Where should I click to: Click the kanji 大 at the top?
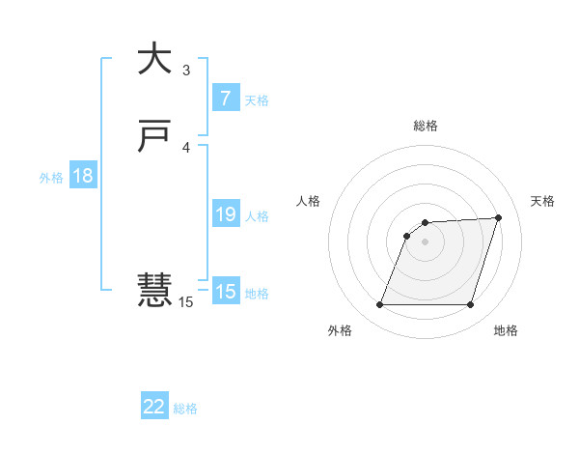pos(154,59)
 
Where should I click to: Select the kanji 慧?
pos(154,290)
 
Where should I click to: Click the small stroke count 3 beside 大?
pos(186,71)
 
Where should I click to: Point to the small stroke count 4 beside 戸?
pos(186,148)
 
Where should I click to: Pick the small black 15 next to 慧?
pos(186,302)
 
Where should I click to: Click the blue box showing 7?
pos(225,98)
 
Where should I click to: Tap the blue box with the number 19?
pos(225,214)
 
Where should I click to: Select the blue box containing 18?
pos(82,176)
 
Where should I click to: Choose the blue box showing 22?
pos(154,407)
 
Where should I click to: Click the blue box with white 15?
pos(225,292)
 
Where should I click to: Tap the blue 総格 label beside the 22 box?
pos(185,409)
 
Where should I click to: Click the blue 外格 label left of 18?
pos(51,178)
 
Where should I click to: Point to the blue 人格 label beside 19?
pos(258,216)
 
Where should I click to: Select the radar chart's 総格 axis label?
pos(426,126)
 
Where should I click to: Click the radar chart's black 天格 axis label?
pos(542,201)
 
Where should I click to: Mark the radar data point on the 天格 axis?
pos(498,217)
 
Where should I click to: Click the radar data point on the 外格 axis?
pos(379,305)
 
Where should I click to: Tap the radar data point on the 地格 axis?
pos(470,305)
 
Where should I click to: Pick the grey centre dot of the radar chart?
pos(425,241)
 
